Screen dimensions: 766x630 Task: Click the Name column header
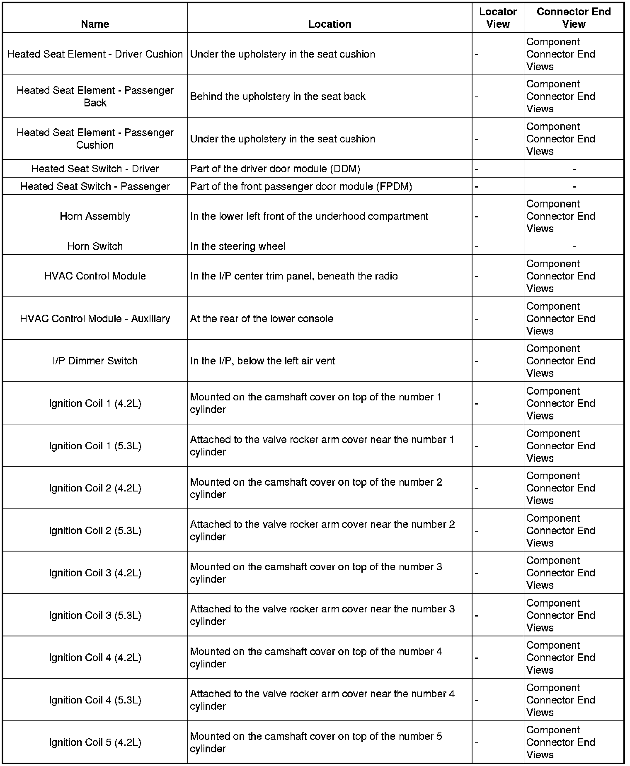95,24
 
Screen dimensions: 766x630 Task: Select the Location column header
330,24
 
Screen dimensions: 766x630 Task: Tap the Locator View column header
498,18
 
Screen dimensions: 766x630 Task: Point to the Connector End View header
574,18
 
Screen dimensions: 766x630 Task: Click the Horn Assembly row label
95,216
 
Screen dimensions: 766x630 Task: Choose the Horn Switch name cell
95,246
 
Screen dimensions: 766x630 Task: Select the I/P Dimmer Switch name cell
95,361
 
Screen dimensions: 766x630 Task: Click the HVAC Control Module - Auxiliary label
95,318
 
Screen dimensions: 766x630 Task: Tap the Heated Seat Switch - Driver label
95,169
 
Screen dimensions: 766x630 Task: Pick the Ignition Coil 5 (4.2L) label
95,742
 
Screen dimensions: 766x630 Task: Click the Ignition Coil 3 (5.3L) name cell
95,615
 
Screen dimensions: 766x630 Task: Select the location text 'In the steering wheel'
238,246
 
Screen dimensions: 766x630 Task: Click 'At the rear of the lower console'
262,318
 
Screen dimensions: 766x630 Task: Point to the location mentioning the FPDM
301,186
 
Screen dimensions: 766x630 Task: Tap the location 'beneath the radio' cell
294,276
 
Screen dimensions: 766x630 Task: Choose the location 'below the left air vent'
263,361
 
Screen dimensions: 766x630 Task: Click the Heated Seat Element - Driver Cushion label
95,54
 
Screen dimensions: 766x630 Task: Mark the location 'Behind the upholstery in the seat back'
278,96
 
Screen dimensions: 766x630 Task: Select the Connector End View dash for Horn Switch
574,247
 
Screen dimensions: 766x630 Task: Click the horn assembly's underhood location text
309,216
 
